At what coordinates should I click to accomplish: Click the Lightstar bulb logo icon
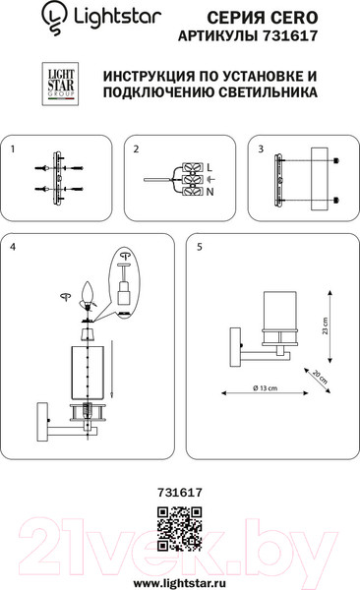(55, 18)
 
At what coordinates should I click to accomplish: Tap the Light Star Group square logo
(60, 84)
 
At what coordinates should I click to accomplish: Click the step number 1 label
(13, 149)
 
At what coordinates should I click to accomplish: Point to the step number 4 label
(13, 247)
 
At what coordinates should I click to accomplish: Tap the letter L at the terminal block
(210, 167)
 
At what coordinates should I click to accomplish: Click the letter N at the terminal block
(210, 192)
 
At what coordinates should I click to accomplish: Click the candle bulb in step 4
(88, 293)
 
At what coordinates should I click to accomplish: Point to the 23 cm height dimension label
(325, 325)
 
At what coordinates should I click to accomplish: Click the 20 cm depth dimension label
(320, 377)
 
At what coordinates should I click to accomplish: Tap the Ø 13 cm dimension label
(266, 388)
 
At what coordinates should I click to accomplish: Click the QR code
(179, 529)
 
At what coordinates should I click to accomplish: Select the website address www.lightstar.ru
(180, 583)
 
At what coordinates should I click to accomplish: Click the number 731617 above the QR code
(180, 492)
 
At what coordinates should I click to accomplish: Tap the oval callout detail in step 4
(124, 283)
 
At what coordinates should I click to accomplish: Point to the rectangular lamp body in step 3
(320, 179)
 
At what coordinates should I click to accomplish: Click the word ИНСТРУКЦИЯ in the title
(148, 76)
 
